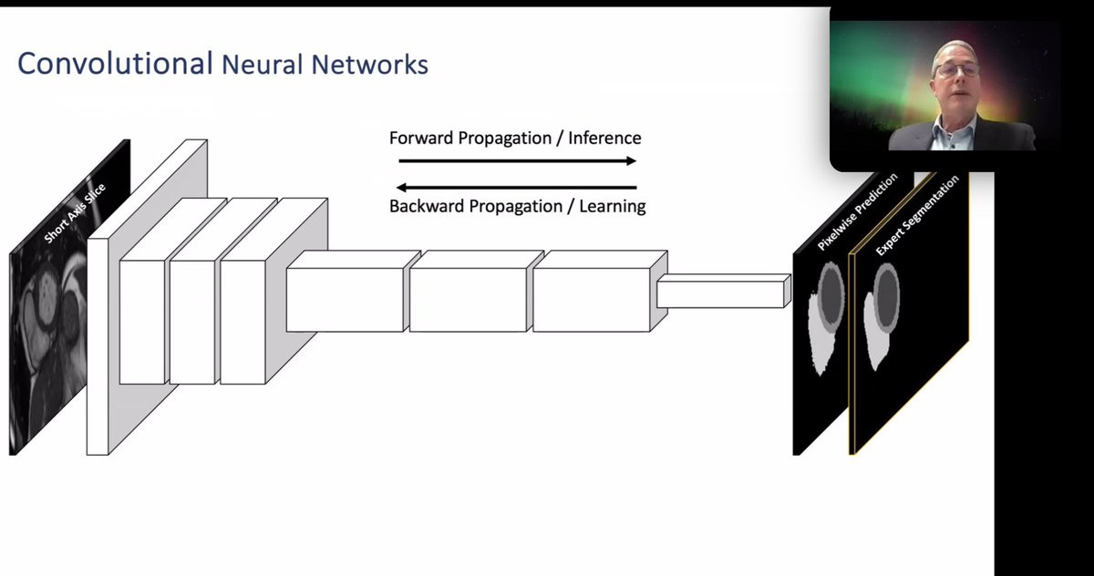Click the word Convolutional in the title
[115, 64]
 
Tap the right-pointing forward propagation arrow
[518, 160]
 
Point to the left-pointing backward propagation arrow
[518, 187]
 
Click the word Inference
[604, 139]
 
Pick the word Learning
[612, 206]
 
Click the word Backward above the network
[427, 206]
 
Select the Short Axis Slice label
[75, 213]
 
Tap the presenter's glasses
[956, 69]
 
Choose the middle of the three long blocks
[468, 299]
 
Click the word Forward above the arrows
[423, 139]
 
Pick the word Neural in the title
[263, 65]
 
